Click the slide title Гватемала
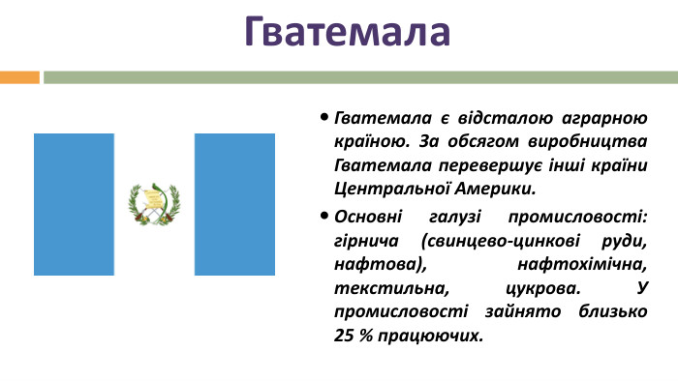pyautogui.click(x=347, y=31)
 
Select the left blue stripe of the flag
pyautogui.click(x=74, y=204)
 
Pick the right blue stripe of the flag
pyautogui.click(x=234, y=204)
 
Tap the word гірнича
pyautogui.click(x=367, y=239)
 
